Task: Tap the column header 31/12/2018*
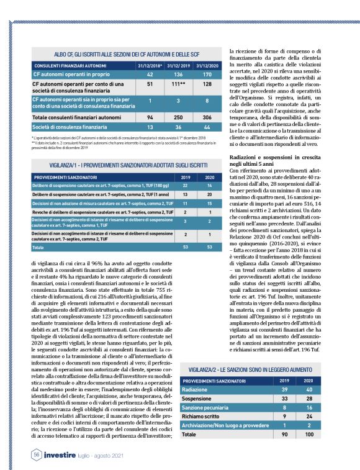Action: (150, 64)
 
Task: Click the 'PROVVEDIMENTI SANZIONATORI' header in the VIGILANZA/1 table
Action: (61, 178)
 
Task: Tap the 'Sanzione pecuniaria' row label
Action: (207, 407)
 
